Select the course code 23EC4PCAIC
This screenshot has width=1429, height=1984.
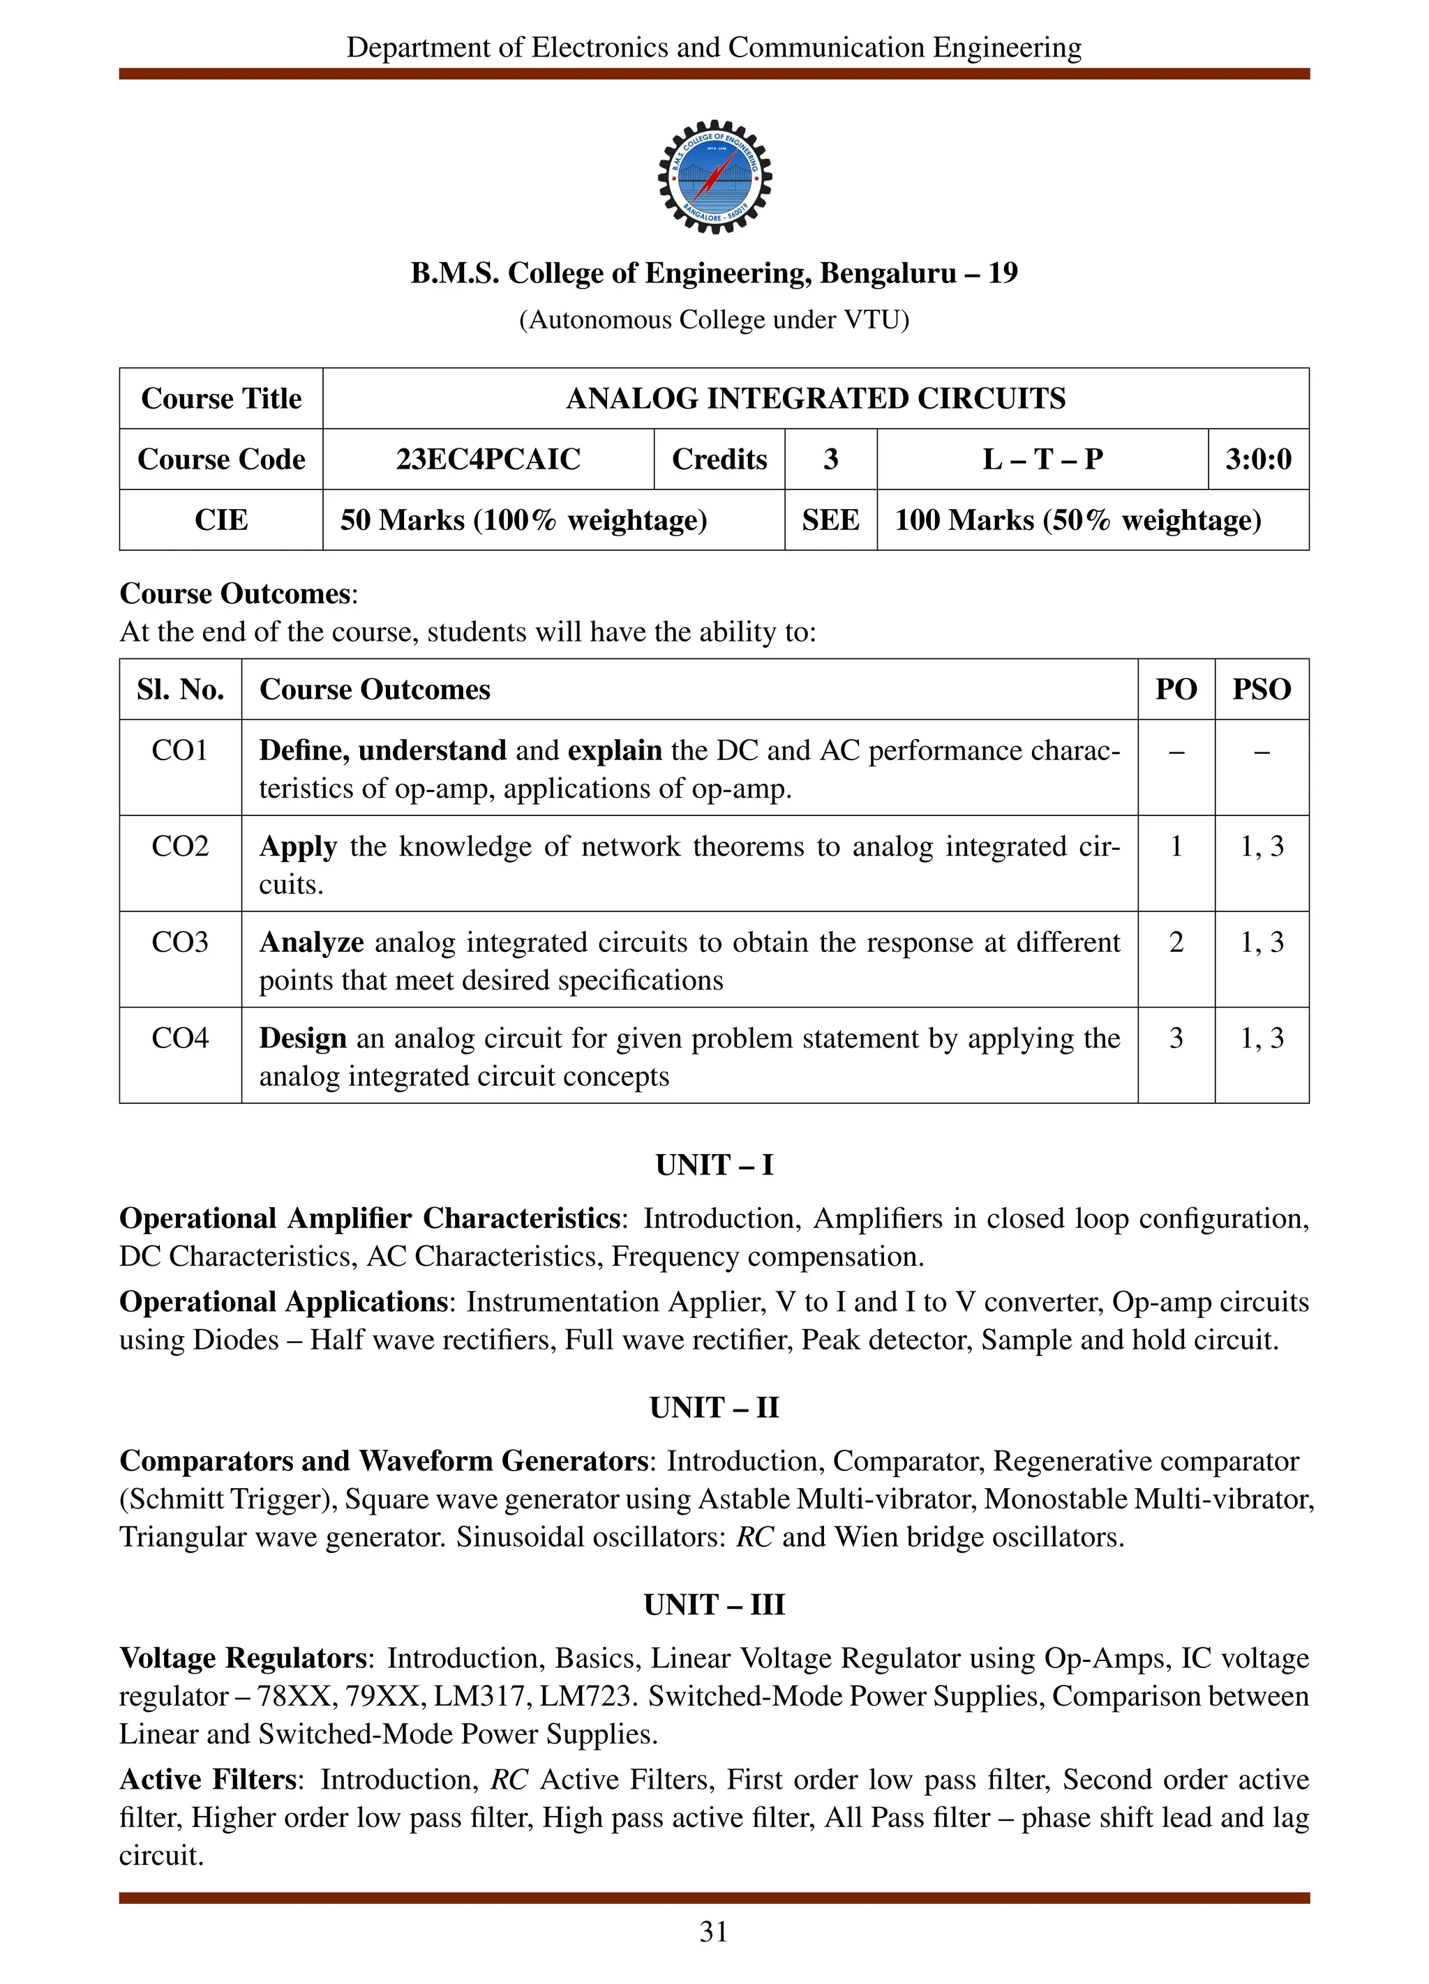pyautogui.click(x=488, y=460)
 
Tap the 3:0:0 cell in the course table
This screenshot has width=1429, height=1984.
pyautogui.click(x=1257, y=460)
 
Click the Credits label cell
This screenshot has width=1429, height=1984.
pyautogui.click(x=719, y=460)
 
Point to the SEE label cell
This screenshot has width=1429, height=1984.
pyautogui.click(x=830, y=520)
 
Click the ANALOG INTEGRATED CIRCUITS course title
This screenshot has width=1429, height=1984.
pyautogui.click(x=815, y=399)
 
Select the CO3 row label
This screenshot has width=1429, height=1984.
pyautogui.click(x=179, y=942)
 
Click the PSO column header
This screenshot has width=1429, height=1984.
pyautogui.click(x=1261, y=689)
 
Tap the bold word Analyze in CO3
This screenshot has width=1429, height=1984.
pyautogui.click(x=311, y=942)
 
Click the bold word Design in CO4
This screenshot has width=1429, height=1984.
pyautogui.click(x=302, y=1038)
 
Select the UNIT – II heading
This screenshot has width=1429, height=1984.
pyautogui.click(x=714, y=1407)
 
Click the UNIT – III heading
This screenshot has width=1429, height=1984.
pyautogui.click(x=714, y=1605)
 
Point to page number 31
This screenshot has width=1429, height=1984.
pyautogui.click(x=713, y=1932)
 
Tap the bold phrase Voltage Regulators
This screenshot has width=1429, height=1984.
pyautogui.click(x=242, y=1658)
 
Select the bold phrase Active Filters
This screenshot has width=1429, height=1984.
pyautogui.click(x=208, y=1779)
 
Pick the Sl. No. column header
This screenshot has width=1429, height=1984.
pyautogui.click(x=179, y=689)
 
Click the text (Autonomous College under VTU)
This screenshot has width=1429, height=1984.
pyautogui.click(x=714, y=320)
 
